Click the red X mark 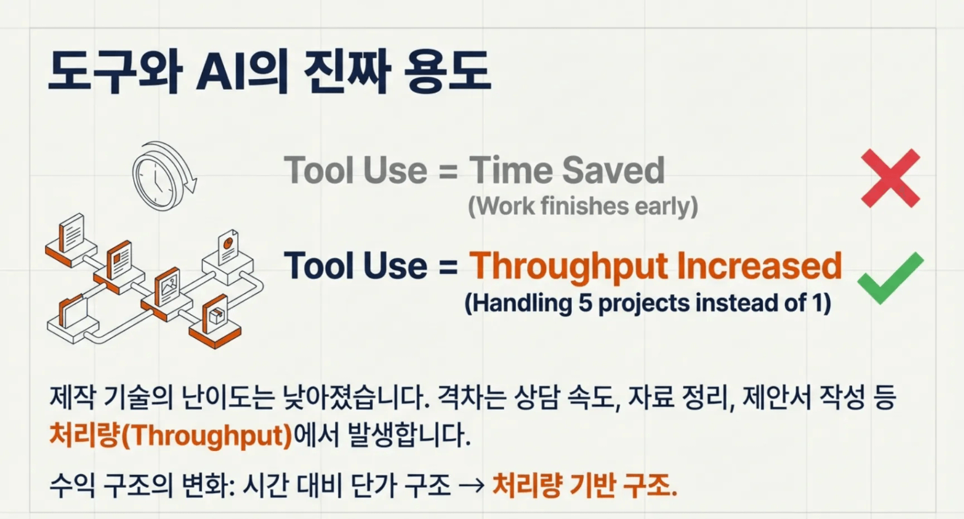click(x=891, y=178)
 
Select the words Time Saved click(x=567, y=170)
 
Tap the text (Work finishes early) click(x=583, y=206)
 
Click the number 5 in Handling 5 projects click(x=586, y=302)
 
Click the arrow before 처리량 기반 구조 click(x=471, y=486)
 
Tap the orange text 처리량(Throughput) click(x=171, y=434)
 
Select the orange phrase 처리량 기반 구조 click(x=584, y=485)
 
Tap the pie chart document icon click(x=228, y=246)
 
